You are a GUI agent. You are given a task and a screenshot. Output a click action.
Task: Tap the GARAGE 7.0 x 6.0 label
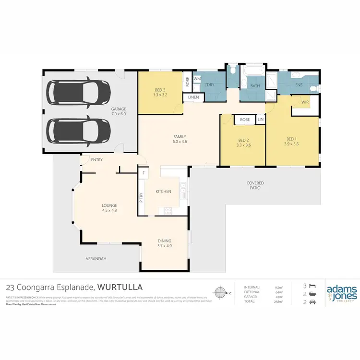point(119,111)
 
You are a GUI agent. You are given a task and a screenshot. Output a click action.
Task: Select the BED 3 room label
point(160,92)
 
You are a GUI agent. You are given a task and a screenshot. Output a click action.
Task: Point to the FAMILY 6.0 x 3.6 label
point(180,139)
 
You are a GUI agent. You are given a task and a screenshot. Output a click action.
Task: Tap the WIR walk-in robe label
point(305,102)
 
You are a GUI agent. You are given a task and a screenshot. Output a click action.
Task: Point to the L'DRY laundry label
point(209,85)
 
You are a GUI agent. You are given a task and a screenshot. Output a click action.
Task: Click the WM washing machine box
point(197,78)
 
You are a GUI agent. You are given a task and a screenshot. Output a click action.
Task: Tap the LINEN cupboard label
point(193,97)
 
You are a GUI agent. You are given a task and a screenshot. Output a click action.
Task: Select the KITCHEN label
point(163,192)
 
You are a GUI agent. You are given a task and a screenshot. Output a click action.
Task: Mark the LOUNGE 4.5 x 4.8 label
point(110,207)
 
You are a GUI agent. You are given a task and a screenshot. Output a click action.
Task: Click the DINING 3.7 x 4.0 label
point(165,243)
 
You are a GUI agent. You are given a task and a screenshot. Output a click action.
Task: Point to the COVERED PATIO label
point(255,186)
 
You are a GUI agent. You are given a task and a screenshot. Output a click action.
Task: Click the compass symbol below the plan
point(220,292)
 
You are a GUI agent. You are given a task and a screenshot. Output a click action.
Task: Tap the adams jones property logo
point(341,293)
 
